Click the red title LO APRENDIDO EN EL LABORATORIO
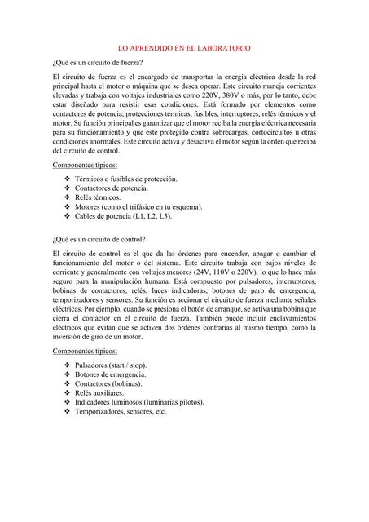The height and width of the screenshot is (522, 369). point(184,48)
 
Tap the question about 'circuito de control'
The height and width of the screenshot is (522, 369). point(99,240)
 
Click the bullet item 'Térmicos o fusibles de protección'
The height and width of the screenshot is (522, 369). point(125,179)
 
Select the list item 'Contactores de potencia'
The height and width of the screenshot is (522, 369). point(111,188)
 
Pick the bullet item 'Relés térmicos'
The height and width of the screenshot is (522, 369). point(98,197)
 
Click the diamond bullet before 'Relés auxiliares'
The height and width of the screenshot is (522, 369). point(67,392)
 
